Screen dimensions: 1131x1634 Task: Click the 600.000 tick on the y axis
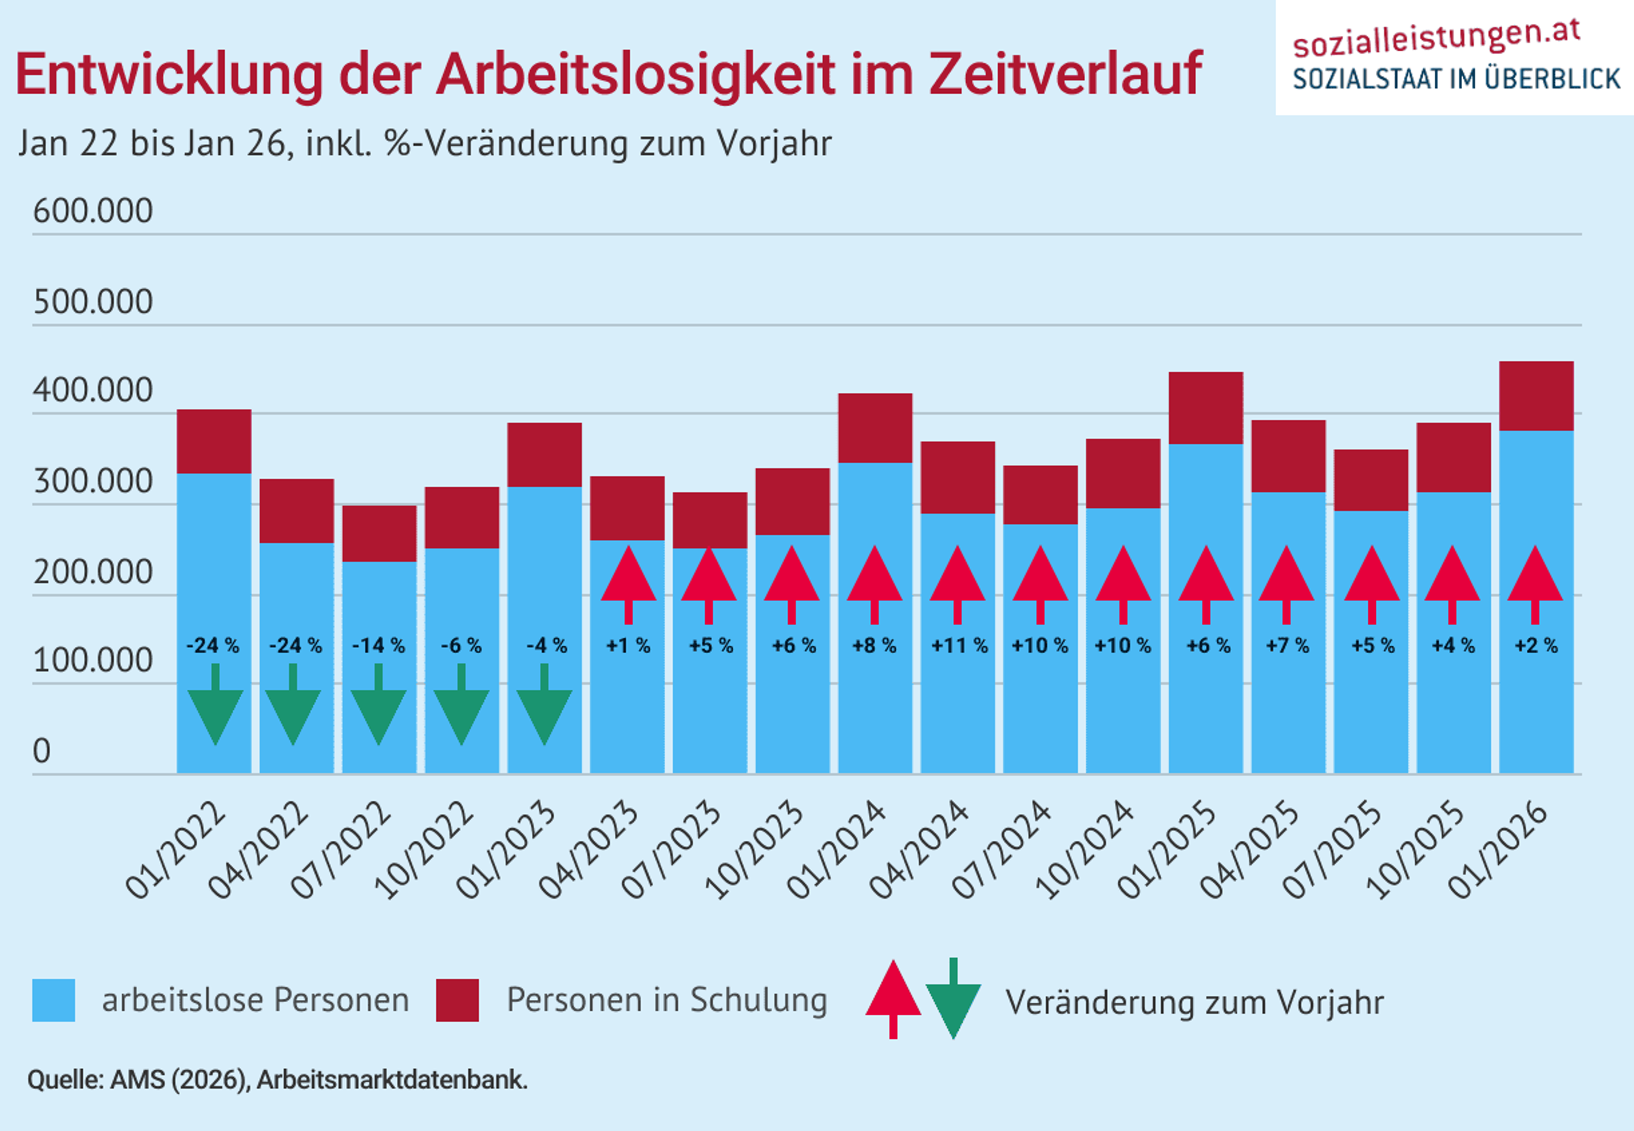[93, 211]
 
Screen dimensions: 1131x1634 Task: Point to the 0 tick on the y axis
[42, 751]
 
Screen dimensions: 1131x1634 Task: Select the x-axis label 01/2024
[836, 850]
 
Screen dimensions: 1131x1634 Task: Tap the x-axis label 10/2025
[1414, 850]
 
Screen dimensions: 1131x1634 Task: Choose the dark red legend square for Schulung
[457, 1000]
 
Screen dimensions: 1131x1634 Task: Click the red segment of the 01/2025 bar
[1206, 408]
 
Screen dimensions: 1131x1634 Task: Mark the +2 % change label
[1536, 645]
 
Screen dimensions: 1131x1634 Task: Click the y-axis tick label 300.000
[93, 482]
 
